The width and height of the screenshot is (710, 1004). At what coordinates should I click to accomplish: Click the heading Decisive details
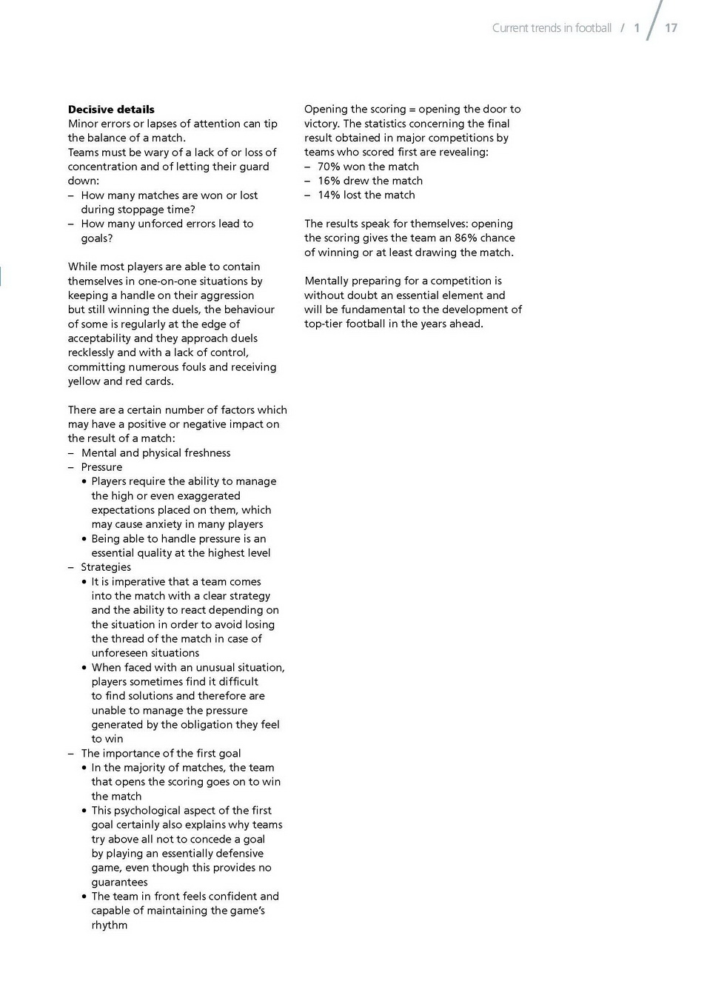pyautogui.click(x=111, y=110)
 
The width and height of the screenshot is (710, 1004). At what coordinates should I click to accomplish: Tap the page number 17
pyautogui.click(x=671, y=28)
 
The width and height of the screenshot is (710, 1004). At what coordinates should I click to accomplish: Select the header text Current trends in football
pyautogui.click(x=552, y=28)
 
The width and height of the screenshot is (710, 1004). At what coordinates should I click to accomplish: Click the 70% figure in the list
pyautogui.click(x=329, y=167)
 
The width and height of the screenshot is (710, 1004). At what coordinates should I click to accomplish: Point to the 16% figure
pyautogui.click(x=329, y=181)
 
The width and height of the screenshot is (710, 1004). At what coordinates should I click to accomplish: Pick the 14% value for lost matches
pyautogui.click(x=329, y=195)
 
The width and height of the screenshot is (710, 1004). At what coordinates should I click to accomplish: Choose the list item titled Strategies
pyautogui.click(x=106, y=567)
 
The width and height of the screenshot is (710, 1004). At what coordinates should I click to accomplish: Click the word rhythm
pyautogui.click(x=110, y=926)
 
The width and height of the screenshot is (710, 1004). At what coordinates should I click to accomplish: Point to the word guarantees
pyautogui.click(x=119, y=883)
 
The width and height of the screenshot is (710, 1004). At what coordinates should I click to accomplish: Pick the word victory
pyautogui.click(x=321, y=124)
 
